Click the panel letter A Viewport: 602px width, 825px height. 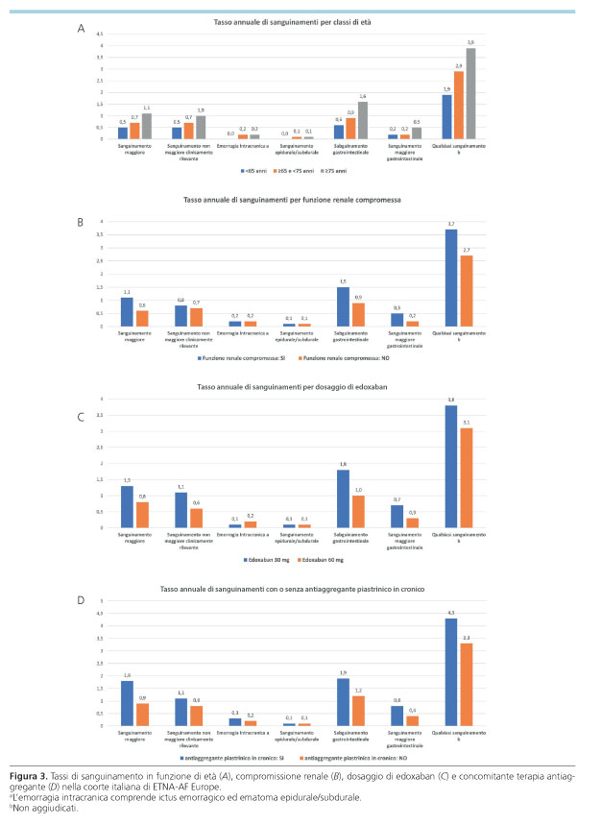tap(81, 30)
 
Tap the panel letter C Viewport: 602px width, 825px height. tap(81, 418)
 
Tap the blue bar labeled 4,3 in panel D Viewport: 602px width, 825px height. tap(450, 671)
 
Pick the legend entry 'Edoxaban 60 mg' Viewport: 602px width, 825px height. tap(327, 557)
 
